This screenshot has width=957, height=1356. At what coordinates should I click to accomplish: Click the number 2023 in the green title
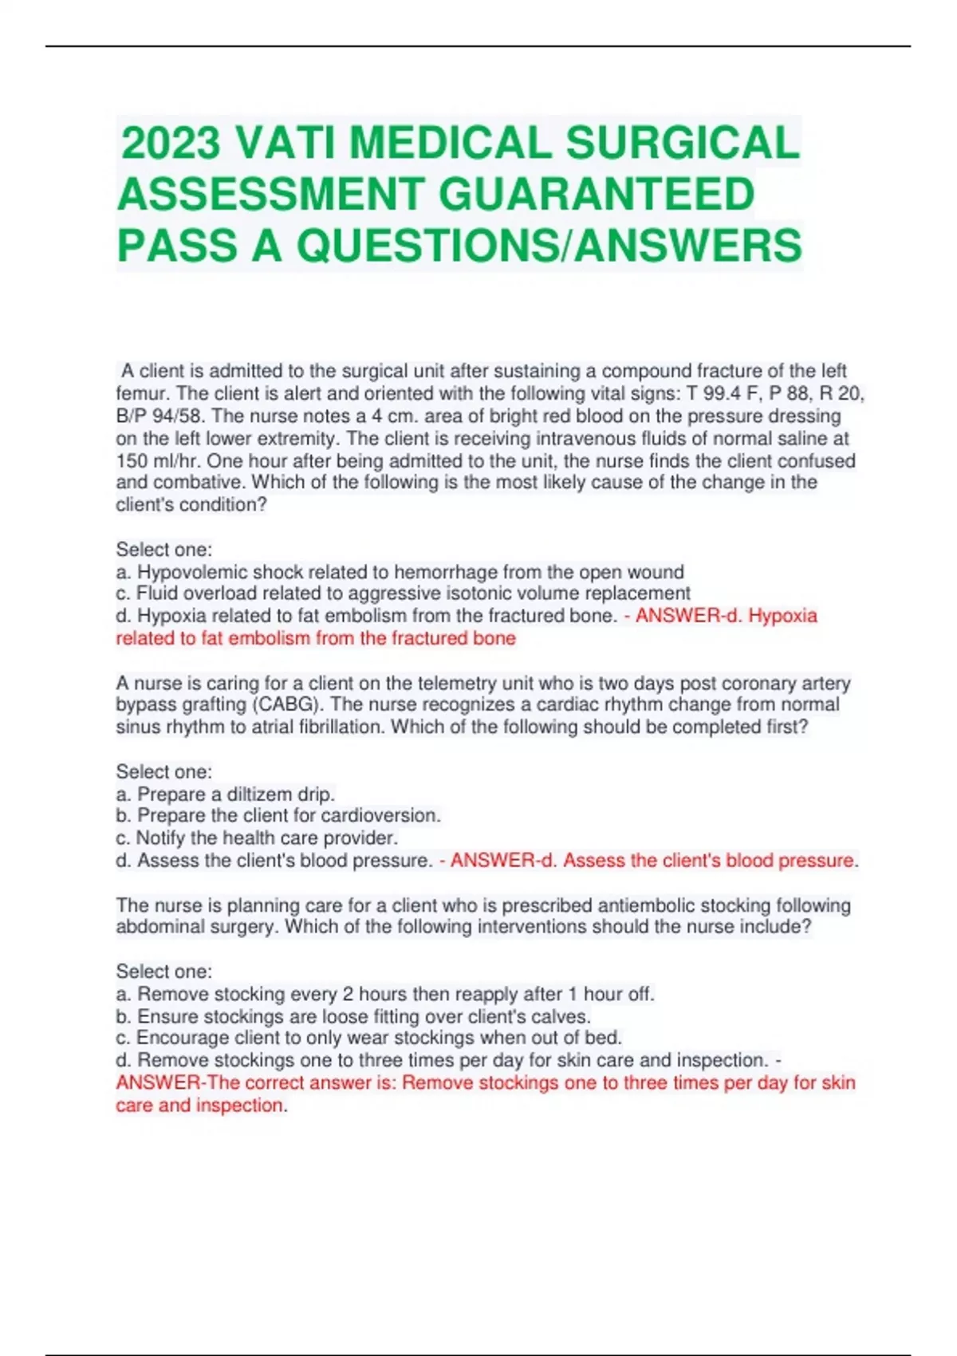click(x=170, y=144)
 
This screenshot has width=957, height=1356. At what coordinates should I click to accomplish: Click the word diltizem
click(x=260, y=794)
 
